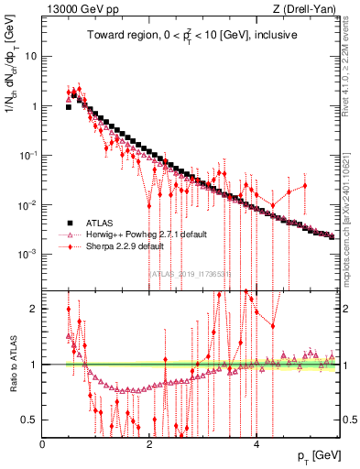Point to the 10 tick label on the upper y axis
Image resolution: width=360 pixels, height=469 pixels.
click(x=30, y=56)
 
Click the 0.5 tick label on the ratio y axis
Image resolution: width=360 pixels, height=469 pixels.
click(x=30, y=420)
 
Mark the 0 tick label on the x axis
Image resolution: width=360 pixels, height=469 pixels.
click(x=43, y=444)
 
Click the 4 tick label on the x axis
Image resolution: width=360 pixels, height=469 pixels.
click(x=256, y=444)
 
